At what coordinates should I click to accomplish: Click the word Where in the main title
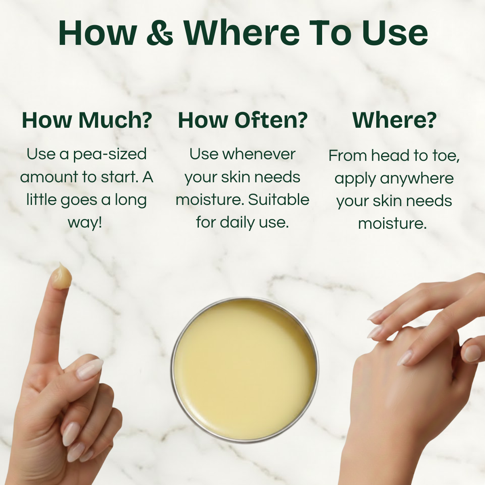pyautogui.click(x=241, y=32)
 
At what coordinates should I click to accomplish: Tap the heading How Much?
pyautogui.click(x=87, y=120)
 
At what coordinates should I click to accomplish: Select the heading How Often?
pyautogui.click(x=242, y=120)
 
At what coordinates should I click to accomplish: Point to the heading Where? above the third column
pyautogui.click(x=394, y=120)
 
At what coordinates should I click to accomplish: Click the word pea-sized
pyautogui.click(x=110, y=154)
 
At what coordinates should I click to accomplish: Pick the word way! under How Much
pyautogui.click(x=85, y=223)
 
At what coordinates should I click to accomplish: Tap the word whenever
pyautogui.click(x=259, y=154)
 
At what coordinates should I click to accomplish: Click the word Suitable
pyautogui.click(x=278, y=200)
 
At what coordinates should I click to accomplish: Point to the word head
pyautogui.click(x=388, y=156)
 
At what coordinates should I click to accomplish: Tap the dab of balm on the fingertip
pyautogui.click(x=61, y=276)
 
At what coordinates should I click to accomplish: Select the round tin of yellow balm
pyautogui.click(x=245, y=370)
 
